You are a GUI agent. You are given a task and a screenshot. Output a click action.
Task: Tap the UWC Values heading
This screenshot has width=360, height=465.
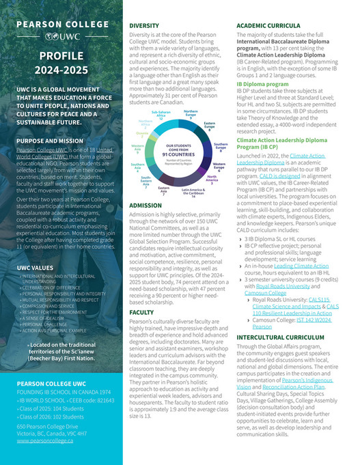36,268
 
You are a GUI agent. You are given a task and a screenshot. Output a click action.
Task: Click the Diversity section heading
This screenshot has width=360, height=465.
144,25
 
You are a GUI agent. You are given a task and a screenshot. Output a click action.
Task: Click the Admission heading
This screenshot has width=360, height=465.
145,205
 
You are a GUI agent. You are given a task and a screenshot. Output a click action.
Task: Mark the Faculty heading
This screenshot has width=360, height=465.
141,312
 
